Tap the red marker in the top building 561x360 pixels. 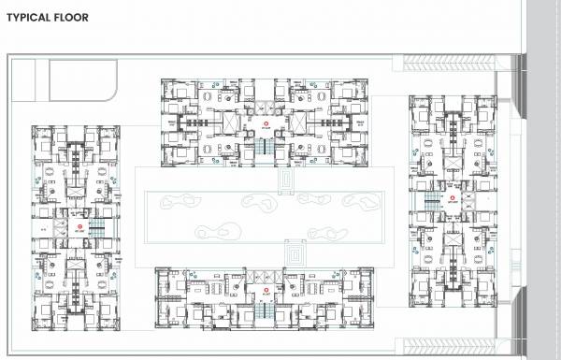point(266,122)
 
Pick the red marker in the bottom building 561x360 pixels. point(266,290)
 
